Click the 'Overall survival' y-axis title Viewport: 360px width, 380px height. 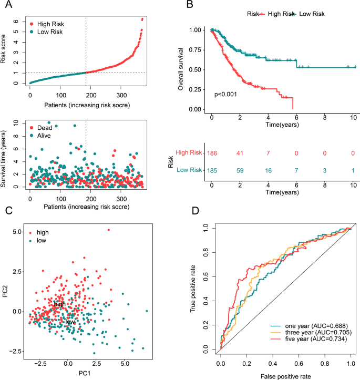181,69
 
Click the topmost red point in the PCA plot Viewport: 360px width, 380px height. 109,230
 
